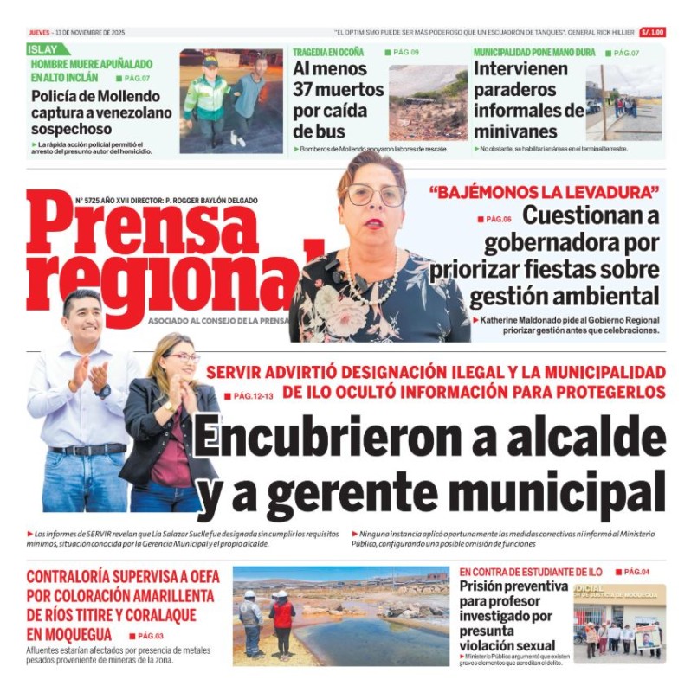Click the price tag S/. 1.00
point(652,32)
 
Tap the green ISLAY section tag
point(42,49)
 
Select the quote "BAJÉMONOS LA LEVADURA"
point(544,191)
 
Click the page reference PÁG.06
point(499,219)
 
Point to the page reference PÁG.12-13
point(255,396)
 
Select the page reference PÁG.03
point(151,636)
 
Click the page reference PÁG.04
point(636,572)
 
